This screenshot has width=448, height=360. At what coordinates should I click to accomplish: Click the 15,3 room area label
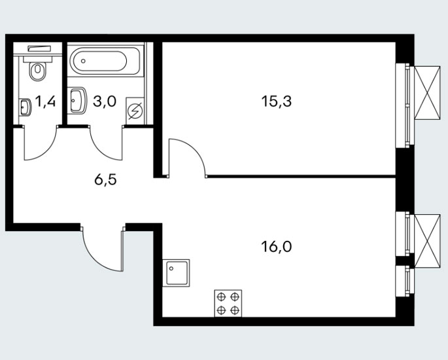[x=276, y=101]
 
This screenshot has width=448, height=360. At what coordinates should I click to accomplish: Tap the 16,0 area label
[x=276, y=247]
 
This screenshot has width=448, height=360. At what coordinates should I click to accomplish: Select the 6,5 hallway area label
[x=105, y=180]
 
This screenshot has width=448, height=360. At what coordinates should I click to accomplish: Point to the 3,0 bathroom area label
[x=105, y=101]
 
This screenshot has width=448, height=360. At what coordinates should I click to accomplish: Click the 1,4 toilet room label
[x=45, y=101]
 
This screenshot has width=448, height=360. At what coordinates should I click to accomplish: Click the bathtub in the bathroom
[x=106, y=60]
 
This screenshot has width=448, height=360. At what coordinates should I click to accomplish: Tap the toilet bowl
[x=37, y=71]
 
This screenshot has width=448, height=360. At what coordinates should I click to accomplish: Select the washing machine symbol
[x=135, y=111]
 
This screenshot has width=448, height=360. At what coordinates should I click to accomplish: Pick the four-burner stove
[x=228, y=304]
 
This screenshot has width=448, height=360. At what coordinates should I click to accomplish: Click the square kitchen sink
[x=176, y=273]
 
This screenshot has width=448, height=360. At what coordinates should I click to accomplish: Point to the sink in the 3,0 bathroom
[x=77, y=100]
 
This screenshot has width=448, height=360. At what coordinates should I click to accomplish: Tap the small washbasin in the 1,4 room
[x=25, y=107]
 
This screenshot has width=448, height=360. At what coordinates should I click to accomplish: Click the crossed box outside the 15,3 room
[x=427, y=93]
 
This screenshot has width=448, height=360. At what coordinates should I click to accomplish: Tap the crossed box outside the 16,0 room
[x=427, y=242]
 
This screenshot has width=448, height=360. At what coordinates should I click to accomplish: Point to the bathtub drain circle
[x=83, y=61]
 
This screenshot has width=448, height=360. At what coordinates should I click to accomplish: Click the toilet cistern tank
[x=37, y=59]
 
